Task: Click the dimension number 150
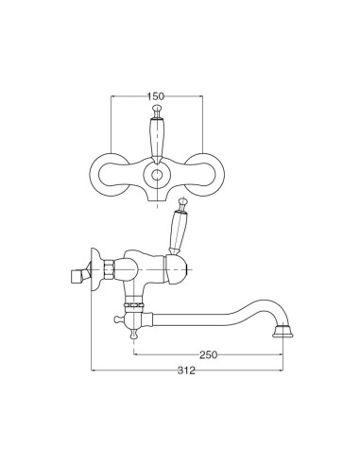156,96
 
